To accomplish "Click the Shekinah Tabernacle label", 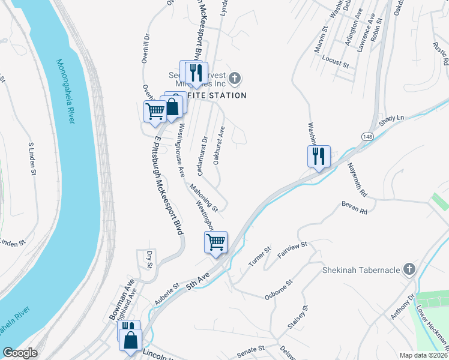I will [x=361, y=270].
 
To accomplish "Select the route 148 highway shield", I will [x=367, y=138].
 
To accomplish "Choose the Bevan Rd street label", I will [x=354, y=208].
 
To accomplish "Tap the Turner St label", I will [x=261, y=256].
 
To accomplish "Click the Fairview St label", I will [x=292, y=250].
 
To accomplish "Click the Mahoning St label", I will [x=203, y=198].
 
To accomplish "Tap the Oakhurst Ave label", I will [x=218, y=145].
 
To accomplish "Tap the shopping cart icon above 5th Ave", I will [x=215, y=242].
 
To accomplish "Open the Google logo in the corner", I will [x=20, y=353].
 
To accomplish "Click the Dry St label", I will [x=149, y=259].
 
